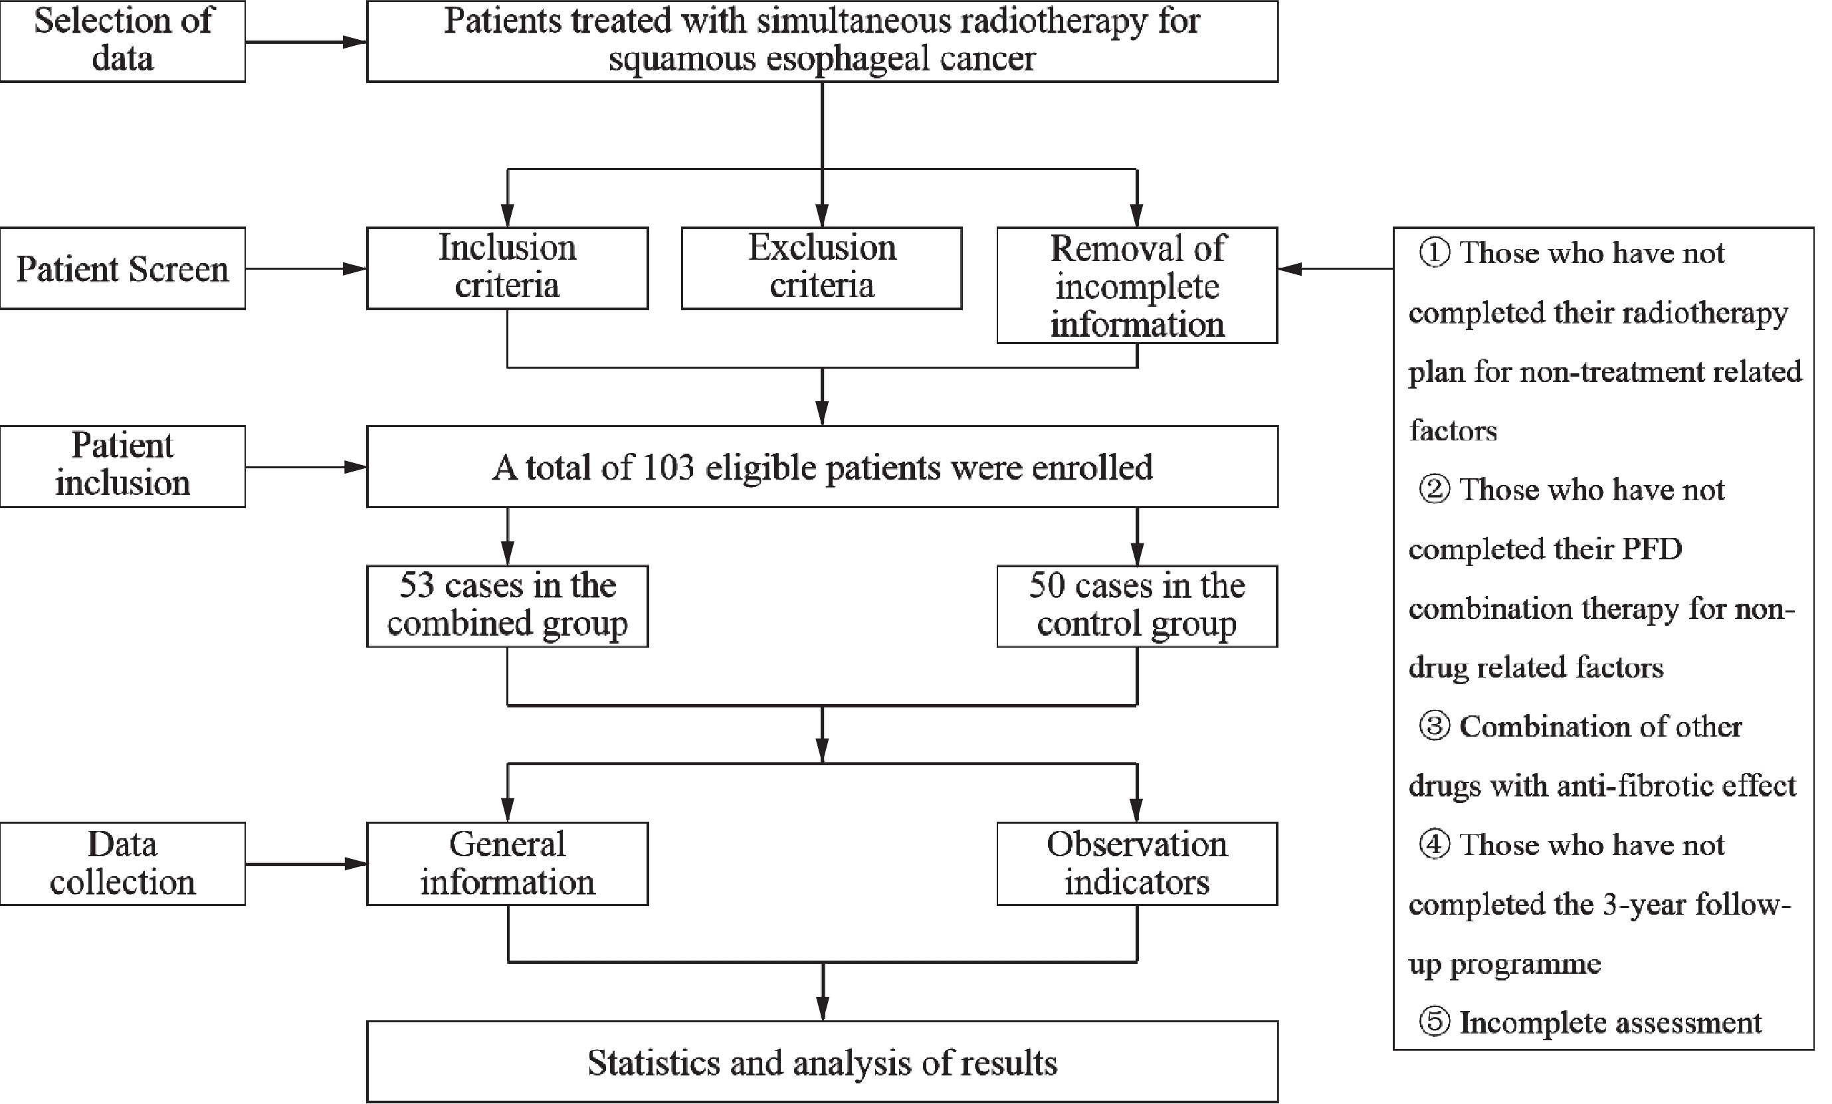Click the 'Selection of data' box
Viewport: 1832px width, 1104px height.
pos(123,41)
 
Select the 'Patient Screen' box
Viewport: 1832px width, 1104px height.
pos(123,268)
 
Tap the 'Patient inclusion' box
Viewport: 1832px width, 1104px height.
pos(123,466)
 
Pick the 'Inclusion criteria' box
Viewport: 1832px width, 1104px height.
pos(508,268)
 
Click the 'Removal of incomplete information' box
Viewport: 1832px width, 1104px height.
pos(1137,286)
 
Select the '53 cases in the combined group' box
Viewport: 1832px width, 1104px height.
pos(508,606)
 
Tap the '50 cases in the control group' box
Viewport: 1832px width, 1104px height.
pos(1137,606)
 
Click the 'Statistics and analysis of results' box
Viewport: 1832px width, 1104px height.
pos(823,1061)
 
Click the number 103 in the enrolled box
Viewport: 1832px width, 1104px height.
pos(668,468)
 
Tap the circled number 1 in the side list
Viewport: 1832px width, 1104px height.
pos(1434,254)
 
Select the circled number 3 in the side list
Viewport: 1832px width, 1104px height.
pos(1434,726)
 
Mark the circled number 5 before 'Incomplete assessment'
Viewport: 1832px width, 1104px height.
pos(1434,1023)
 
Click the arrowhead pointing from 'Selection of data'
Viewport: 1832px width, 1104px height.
pos(355,42)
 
